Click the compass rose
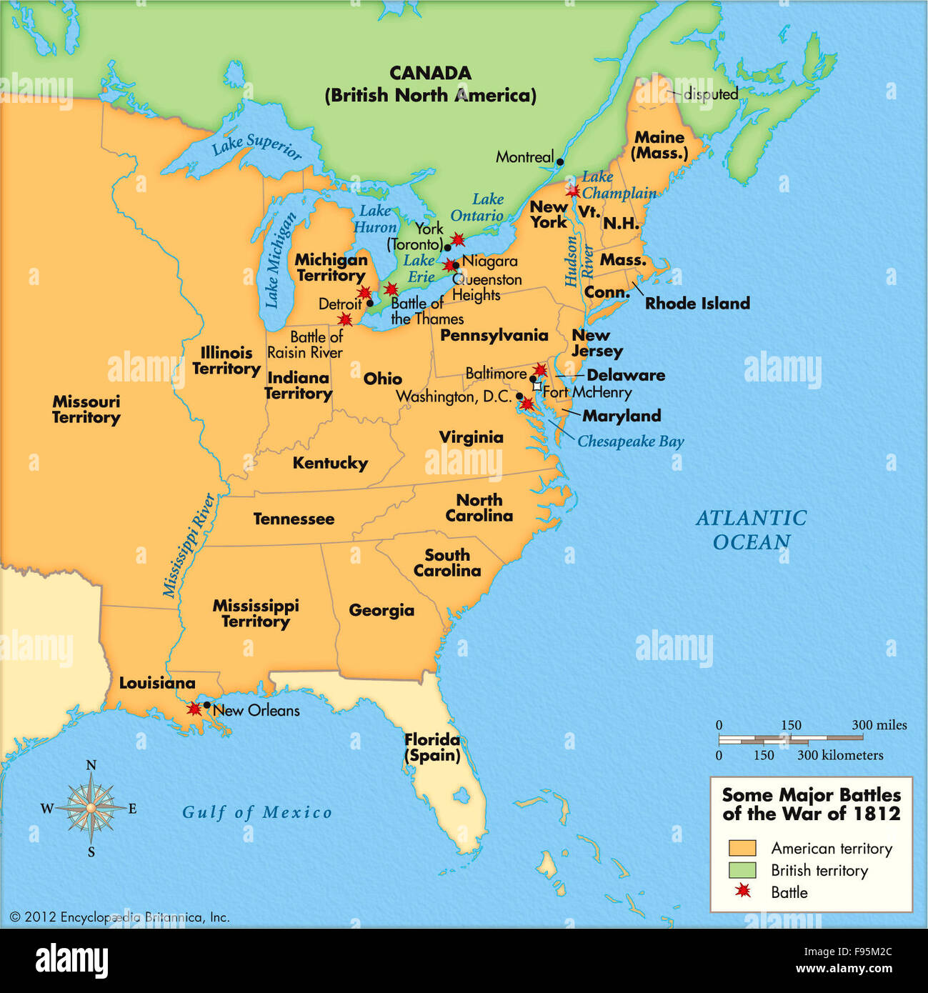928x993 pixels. pos(91,808)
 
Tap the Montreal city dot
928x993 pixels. pos(560,162)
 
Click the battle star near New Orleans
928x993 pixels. pos(194,709)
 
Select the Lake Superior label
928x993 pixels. pos(256,146)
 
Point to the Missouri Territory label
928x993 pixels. pos(86,409)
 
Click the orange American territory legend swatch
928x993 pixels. pos(742,848)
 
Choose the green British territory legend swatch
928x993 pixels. pos(742,870)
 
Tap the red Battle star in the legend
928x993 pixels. pos(744,891)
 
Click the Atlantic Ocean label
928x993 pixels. pos(752,529)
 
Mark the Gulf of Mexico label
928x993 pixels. pos(256,812)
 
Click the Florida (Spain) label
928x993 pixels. pos(432,747)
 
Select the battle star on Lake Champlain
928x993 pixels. pos(573,191)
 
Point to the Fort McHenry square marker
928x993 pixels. pos(537,386)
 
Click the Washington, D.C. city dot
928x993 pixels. pos(519,396)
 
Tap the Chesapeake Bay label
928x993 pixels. pos(630,441)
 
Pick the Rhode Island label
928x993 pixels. pos(697,303)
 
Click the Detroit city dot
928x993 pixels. pos(370,303)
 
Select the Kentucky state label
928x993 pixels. pos(330,463)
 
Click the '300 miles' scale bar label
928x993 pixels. pos(879,725)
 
